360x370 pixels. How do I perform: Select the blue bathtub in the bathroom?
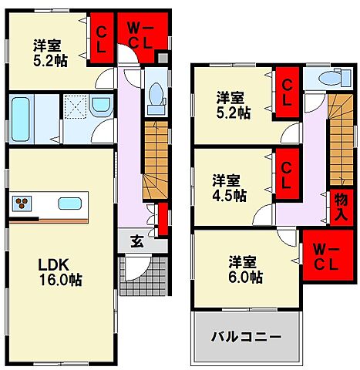pyautogui.click(x=22, y=117)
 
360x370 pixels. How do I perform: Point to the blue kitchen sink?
pyautogui.click(x=69, y=204)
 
